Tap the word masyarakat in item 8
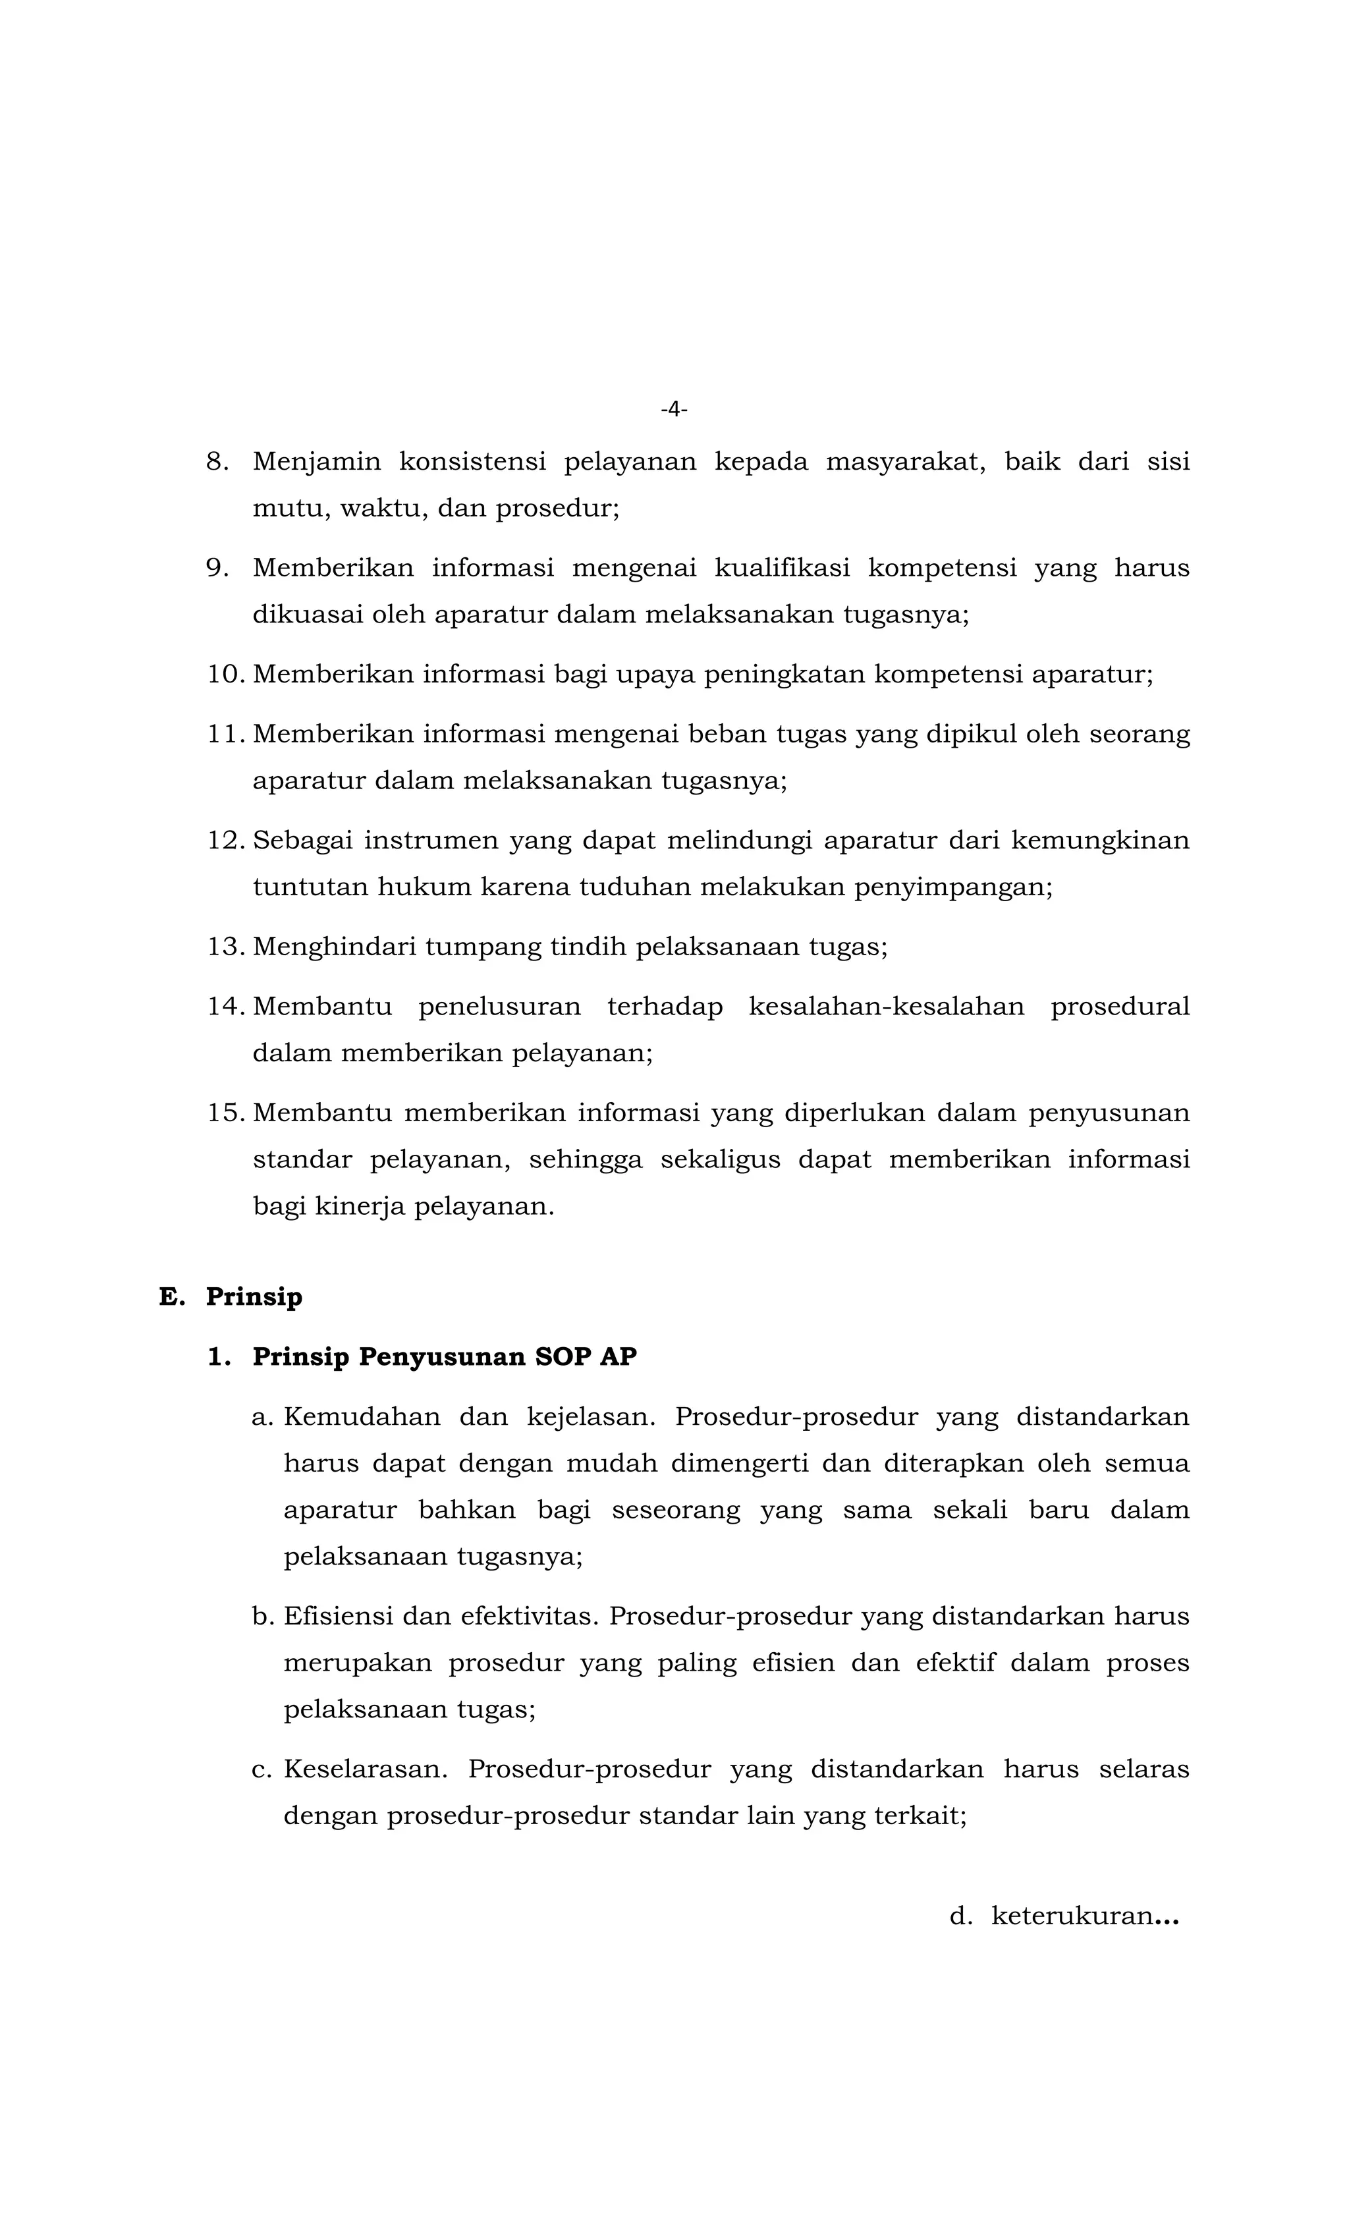[x=904, y=462]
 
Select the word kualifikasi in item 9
[x=781, y=568]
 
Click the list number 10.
[x=225, y=675]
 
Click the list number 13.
[x=225, y=947]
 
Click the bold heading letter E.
[x=171, y=1296]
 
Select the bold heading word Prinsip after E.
[x=254, y=1296]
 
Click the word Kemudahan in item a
[x=362, y=1417]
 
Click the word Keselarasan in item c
[x=365, y=1769]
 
